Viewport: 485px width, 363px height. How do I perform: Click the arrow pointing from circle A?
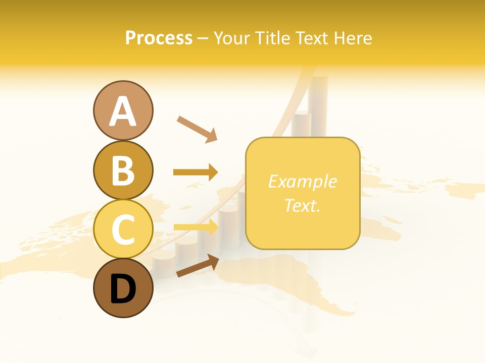(x=197, y=129)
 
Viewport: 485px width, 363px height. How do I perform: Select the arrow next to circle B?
(x=196, y=172)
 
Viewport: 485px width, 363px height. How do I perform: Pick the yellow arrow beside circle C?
(x=196, y=227)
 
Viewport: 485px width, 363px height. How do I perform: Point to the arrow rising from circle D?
(x=197, y=266)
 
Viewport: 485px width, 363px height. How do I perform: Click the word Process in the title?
(x=159, y=38)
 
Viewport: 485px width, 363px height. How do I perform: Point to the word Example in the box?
(x=302, y=181)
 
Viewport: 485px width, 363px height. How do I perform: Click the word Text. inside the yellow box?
(x=302, y=206)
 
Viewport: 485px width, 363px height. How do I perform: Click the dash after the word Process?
(x=203, y=38)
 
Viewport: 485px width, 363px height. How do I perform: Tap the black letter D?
(x=123, y=289)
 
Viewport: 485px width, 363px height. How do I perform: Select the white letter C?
(x=123, y=230)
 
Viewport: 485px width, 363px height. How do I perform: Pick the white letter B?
(x=123, y=170)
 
